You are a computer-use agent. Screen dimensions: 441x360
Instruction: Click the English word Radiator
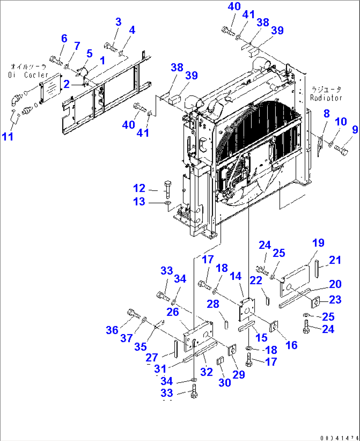[x=326, y=98]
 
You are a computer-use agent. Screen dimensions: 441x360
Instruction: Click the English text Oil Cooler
[x=28, y=75]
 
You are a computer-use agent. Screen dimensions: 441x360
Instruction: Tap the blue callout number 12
[x=139, y=188]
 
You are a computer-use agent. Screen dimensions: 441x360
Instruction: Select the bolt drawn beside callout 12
[x=167, y=188]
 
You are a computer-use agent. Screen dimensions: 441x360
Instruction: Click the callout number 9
[x=355, y=129]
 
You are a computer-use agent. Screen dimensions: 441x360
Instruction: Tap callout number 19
[x=318, y=243]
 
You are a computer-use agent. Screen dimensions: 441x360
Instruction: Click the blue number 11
[x=8, y=136]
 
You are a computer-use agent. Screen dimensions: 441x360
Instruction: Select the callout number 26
[x=172, y=312]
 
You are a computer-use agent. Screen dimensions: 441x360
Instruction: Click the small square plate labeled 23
[x=316, y=301]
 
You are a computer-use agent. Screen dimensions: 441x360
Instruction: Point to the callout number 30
[x=225, y=382]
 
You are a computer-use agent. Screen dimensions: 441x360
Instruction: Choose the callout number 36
[x=112, y=330]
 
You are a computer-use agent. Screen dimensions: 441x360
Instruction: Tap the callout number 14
[x=235, y=276]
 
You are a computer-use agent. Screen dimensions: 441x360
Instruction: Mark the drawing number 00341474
[x=339, y=438]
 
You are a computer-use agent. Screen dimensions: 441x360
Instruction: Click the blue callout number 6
[x=64, y=39]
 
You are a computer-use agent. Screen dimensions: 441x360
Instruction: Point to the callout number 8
[x=326, y=114]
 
